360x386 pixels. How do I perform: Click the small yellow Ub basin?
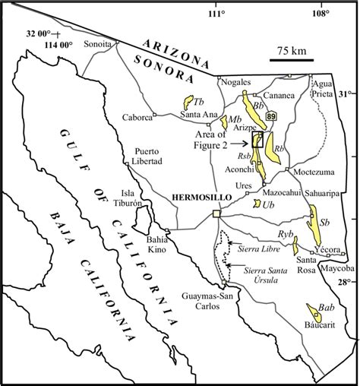pos(257,204)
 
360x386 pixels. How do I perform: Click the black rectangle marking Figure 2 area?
pos(257,139)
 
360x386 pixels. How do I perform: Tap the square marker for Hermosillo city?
pos(216,214)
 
